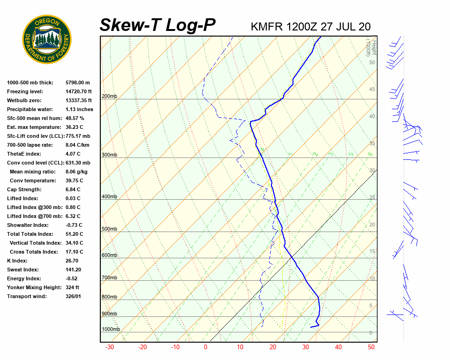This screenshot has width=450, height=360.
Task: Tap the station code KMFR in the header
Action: pyautogui.click(x=267, y=26)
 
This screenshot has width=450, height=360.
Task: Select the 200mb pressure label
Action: pyautogui.click(x=109, y=97)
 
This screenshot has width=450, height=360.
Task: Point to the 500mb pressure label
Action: pyautogui.click(x=109, y=229)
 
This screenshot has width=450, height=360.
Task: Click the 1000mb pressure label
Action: pyautogui.click(x=111, y=330)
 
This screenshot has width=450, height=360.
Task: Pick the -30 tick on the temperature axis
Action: pyautogui.click(x=110, y=347)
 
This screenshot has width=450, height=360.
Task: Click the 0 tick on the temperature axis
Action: pyautogui.click(x=205, y=347)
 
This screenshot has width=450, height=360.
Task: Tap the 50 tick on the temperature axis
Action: pyautogui.click(x=371, y=347)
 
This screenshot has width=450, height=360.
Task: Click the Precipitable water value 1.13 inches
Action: pyautogui.click(x=79, y=109)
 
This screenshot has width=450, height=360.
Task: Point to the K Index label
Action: pyautogui.click(x=17, y=261)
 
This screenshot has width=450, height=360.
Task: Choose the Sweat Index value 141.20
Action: pyautogui.click(x=75, y=270)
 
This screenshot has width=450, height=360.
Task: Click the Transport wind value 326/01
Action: pyautogui.click(x=75, y=296)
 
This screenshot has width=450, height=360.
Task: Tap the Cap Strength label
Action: pyautogui.click(x=24, y=189)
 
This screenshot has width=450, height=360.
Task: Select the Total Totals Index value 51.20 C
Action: pyautogui.click(x=75, y=234)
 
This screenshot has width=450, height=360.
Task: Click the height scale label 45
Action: pyautogui.click(x=372, y=90)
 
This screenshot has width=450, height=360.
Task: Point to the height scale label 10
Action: pyautogui.click(x=372, y=278)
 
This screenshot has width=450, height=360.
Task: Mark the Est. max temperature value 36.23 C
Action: pyautogui.click(x=75, y=127)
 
